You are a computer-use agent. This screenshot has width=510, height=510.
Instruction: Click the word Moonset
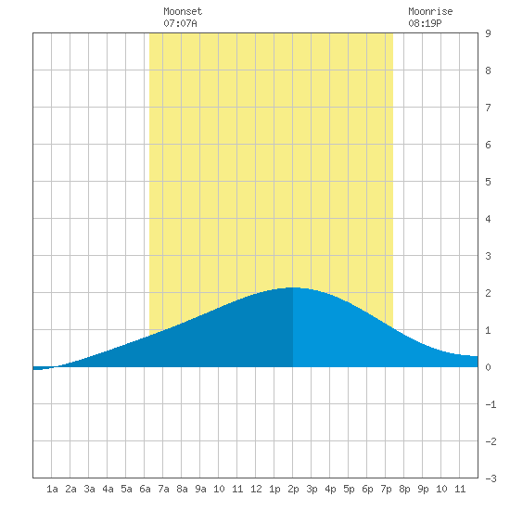pyautogui.click(x=183, y=11)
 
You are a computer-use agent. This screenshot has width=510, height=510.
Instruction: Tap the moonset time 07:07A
pyautogui.click(x=180, y=23)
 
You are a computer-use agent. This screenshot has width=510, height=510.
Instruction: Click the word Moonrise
pyautogui.click(x=430, y=11)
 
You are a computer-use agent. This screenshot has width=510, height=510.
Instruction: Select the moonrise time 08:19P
pyautogui.click(x=425, y=23)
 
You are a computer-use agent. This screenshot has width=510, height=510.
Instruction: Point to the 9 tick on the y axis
pyautogui.click(x=488, y=33)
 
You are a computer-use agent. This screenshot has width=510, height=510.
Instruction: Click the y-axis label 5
pyautogui.click(x=488, y=182)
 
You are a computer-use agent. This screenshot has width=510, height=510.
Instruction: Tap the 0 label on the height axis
pyautogui.click(x=488, y=367)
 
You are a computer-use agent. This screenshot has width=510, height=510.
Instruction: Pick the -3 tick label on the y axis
pyautogui.click(x=491, y=478)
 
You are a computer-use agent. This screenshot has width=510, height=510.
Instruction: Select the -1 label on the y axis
pyautogui.click(x=491, y=404)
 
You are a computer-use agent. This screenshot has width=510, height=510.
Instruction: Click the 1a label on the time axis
pyautogui.click(x=52, y=489)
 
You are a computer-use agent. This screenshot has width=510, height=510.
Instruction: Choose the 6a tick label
pyautogui.click(x=145, y=489)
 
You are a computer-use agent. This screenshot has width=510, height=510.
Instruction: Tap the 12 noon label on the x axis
pyautogui.click(x=256, y=489)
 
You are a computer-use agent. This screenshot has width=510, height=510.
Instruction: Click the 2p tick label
pyautogui.click(x=293, y=489)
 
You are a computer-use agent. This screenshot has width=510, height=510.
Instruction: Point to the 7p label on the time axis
pyautogui.click(x=386, y=489)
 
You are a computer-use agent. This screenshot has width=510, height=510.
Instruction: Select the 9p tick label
pyautogui.click(x=423, y=489)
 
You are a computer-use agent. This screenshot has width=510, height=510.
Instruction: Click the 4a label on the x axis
pyautogui.click(x=108, y=489)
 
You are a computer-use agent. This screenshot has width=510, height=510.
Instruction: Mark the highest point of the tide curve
pyautogui.click(x=292, y=287)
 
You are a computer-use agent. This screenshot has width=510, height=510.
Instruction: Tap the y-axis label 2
pyautogui.click(x=488, y=293)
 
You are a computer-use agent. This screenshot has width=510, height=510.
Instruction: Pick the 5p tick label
pyautogui.click(x=349, y=489)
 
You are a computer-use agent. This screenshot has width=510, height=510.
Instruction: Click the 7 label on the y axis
pyautogui.click(x=488, y=108)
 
